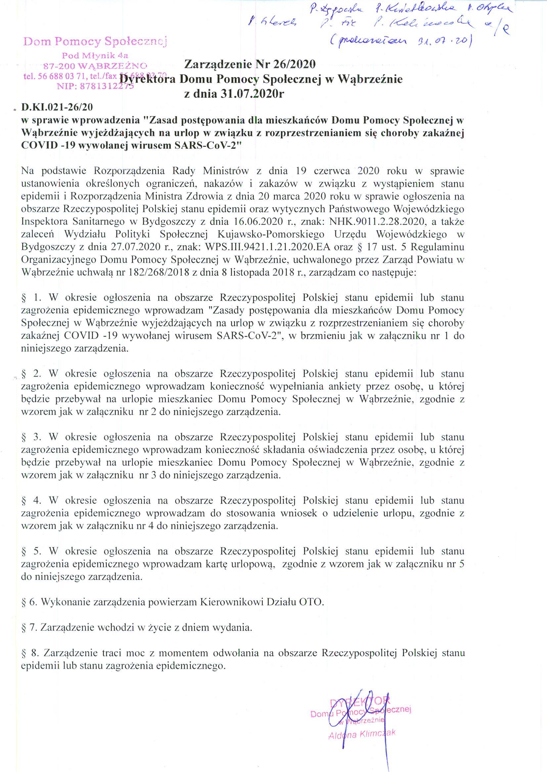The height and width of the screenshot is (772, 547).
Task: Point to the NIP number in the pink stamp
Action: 96,86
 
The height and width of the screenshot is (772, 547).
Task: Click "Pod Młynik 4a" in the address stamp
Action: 95,55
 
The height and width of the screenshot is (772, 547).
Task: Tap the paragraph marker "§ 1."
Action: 31,298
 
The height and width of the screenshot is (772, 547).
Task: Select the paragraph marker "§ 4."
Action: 31,501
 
